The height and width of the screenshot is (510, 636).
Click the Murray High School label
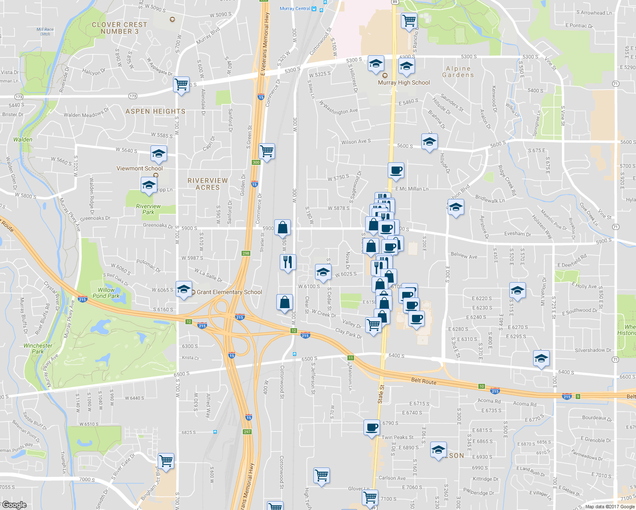404,83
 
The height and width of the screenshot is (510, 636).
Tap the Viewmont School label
139,169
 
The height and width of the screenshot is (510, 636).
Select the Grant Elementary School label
229,292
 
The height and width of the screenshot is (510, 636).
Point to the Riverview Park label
148,209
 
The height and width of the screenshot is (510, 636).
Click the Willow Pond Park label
106,293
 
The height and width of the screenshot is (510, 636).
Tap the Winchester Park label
38,348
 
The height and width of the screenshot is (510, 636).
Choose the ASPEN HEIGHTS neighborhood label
155,111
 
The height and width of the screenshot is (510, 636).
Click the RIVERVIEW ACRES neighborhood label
207,184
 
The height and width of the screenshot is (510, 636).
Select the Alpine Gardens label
458,72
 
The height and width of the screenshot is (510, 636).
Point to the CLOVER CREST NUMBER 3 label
119,28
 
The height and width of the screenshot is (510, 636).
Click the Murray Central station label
295,8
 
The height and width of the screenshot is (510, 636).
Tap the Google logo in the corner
14,505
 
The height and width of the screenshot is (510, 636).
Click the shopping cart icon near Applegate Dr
182,84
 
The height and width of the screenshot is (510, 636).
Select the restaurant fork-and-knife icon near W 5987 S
288,261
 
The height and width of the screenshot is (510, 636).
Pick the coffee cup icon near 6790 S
372,427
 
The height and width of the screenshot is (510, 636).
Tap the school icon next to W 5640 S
159,153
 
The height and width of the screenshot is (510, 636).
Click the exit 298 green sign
246,253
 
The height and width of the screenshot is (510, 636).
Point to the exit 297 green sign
247,432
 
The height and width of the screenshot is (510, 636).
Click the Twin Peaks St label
397,437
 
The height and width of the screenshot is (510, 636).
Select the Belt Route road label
423,381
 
